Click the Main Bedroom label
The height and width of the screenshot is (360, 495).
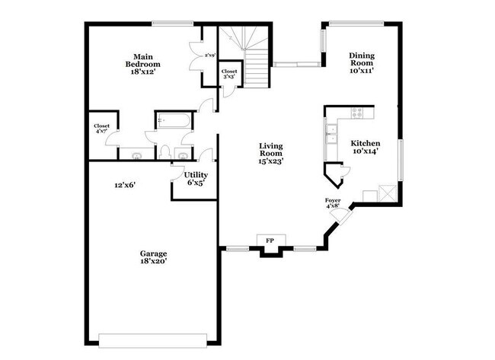142,61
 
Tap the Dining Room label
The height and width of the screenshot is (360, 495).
362,61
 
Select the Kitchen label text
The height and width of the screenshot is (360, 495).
365,147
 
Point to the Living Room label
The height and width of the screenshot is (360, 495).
270,152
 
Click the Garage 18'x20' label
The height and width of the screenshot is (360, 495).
152,257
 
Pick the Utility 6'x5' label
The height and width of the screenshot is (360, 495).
195,179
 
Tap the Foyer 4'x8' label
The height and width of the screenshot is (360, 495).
334,202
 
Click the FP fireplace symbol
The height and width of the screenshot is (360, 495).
270,241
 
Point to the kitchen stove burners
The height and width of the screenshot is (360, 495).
358,113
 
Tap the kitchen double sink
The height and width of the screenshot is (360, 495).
330,134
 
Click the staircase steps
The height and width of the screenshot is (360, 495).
253,61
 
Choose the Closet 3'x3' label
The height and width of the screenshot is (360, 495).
229,74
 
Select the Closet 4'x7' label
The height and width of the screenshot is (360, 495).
101,129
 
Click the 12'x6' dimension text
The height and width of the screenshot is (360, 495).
125,184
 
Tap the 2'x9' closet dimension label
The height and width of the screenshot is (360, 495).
211,55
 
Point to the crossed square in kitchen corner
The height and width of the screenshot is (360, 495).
388,193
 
